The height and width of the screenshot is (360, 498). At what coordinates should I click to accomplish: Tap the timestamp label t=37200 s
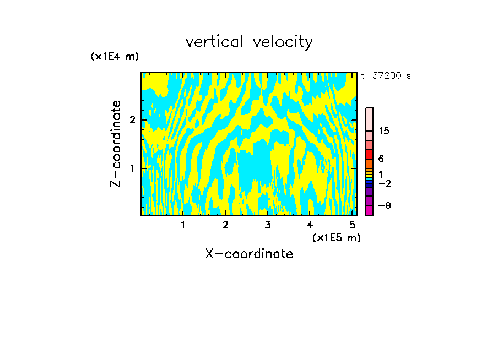click(386, 76)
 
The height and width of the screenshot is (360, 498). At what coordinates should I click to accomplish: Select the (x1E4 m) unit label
click(115, 57)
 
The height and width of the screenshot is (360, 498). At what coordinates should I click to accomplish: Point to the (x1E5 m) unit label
click(336, 237)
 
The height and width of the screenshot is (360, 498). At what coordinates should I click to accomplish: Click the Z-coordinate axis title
click(116, 144)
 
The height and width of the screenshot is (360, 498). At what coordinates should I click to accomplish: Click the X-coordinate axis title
click(249, 254)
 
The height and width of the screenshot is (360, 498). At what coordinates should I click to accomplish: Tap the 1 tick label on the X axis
click(183, 225)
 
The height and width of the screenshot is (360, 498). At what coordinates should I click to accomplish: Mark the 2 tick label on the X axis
click(225, 225)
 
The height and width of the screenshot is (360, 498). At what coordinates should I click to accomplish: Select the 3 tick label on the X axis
click(268, 225)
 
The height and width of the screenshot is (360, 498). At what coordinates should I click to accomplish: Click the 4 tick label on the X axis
click(310, 225)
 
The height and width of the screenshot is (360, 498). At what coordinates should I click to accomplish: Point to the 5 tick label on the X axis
click(352, 225)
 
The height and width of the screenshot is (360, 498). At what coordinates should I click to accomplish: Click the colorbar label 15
click(385, 131)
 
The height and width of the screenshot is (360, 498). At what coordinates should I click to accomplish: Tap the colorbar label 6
click(381, 159)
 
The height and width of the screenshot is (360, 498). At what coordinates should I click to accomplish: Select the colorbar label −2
click(385, 183)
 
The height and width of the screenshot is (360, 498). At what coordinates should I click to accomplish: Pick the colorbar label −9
click(385, 205)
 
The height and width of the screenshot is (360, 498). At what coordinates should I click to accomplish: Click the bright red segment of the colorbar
click(370, 154)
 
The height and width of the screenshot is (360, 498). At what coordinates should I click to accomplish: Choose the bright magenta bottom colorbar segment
click(370, 210)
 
